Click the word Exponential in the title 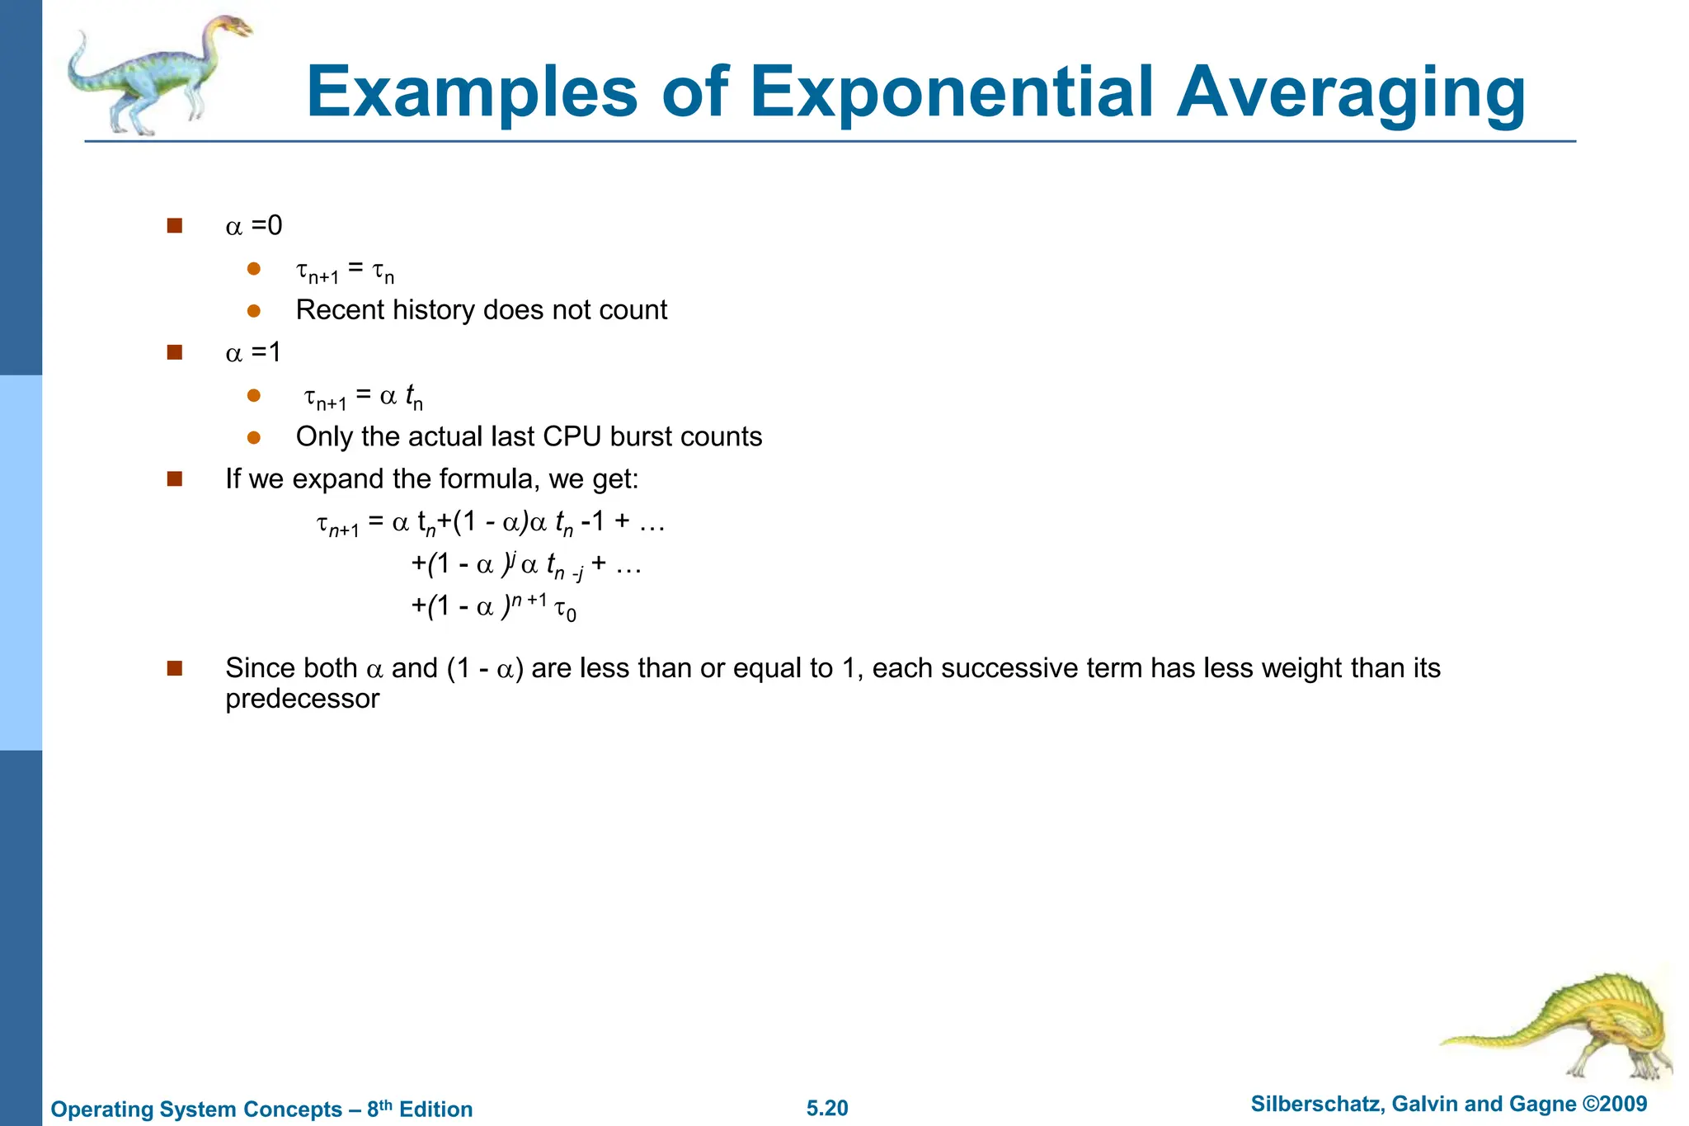tap(954, 92)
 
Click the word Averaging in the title tap(1350, 92)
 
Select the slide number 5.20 tap(827, 1108)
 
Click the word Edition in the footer tap(435, 1109)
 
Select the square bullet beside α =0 tap(174, 225)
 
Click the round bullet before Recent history tap(254, 311)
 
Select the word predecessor tap(302, 699)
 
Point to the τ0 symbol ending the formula tap(565, 610)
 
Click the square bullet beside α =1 tap(174, 352)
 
